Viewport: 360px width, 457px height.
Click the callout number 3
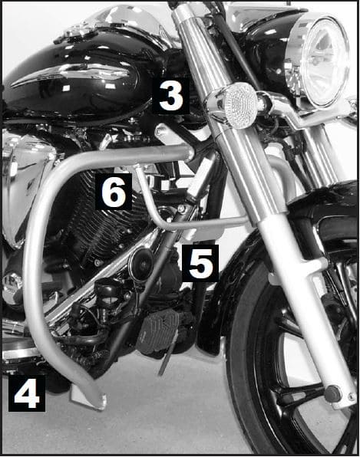pos(170,97)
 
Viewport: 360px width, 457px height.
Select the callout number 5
pos(200,263)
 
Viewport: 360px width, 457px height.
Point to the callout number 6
pos(114,192)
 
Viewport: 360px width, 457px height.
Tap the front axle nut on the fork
pos(332,393)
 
